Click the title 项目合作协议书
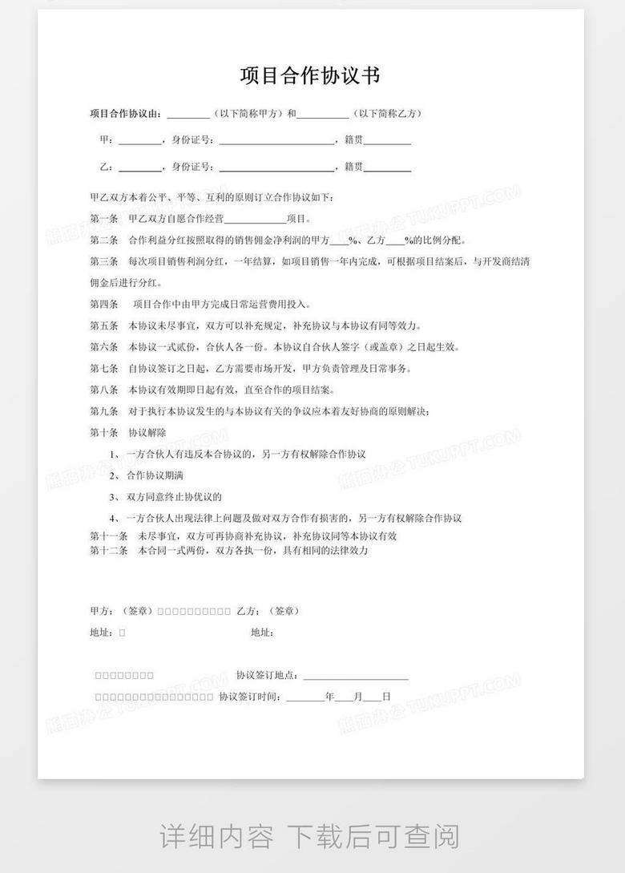point(310,76)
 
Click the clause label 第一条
point(103,219)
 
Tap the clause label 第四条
point(103,305)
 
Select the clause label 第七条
point(103,369)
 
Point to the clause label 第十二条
point(109,551)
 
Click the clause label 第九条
point(103,412)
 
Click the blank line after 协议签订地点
point(356,675)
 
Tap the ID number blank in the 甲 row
point(277,140)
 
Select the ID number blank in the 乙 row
point(277,168)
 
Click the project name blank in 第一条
point(256,219)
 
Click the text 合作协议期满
point(155,475)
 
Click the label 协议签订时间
point(249,697)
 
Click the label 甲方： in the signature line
point(103,611)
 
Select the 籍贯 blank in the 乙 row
point(388,168)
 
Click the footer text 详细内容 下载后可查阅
point(310,836)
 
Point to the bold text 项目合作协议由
point(126,113)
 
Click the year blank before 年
point(305,697)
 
